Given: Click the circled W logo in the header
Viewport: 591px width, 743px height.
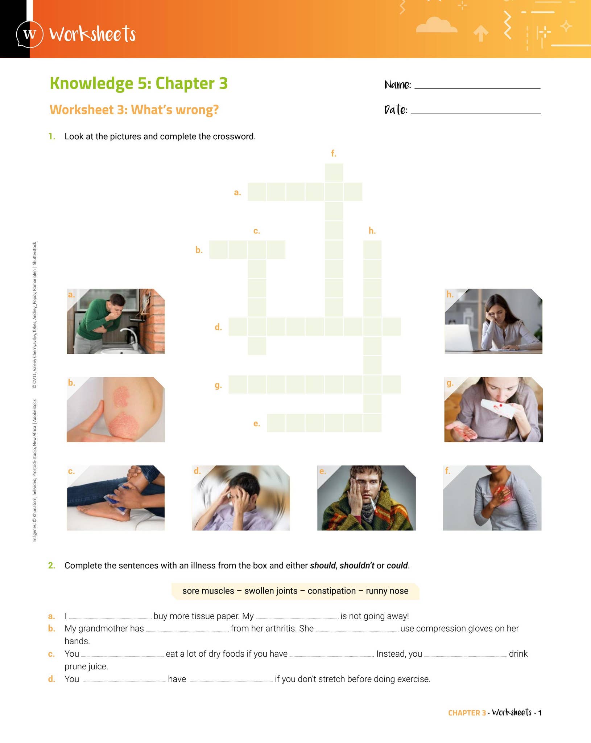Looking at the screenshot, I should [30, 34].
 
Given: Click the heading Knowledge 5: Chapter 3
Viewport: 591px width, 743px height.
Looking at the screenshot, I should [139, 83].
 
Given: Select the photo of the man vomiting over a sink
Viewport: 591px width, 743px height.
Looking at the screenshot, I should [116, 321].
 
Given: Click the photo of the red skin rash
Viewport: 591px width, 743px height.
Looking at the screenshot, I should [116, 410].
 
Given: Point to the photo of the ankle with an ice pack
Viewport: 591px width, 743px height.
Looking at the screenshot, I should [116, 498].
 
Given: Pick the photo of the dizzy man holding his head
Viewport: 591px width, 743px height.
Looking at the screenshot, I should [241, 498].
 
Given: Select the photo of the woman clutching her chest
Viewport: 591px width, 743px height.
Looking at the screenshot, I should [492, 498].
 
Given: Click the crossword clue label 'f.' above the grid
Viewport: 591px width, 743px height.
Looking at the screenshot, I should [334, 153].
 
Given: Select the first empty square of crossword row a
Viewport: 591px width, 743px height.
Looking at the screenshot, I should [257, 192].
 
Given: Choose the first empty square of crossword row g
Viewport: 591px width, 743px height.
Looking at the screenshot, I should [237, 385].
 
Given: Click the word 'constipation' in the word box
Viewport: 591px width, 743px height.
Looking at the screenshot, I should [331, 591].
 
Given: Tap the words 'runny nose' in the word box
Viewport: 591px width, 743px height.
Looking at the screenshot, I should [387, 591].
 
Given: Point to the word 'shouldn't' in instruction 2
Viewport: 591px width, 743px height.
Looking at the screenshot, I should [356, 566].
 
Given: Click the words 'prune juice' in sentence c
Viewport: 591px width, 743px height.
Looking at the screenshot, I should [86, 666].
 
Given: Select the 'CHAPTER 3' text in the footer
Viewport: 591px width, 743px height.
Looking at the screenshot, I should [467, 713].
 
